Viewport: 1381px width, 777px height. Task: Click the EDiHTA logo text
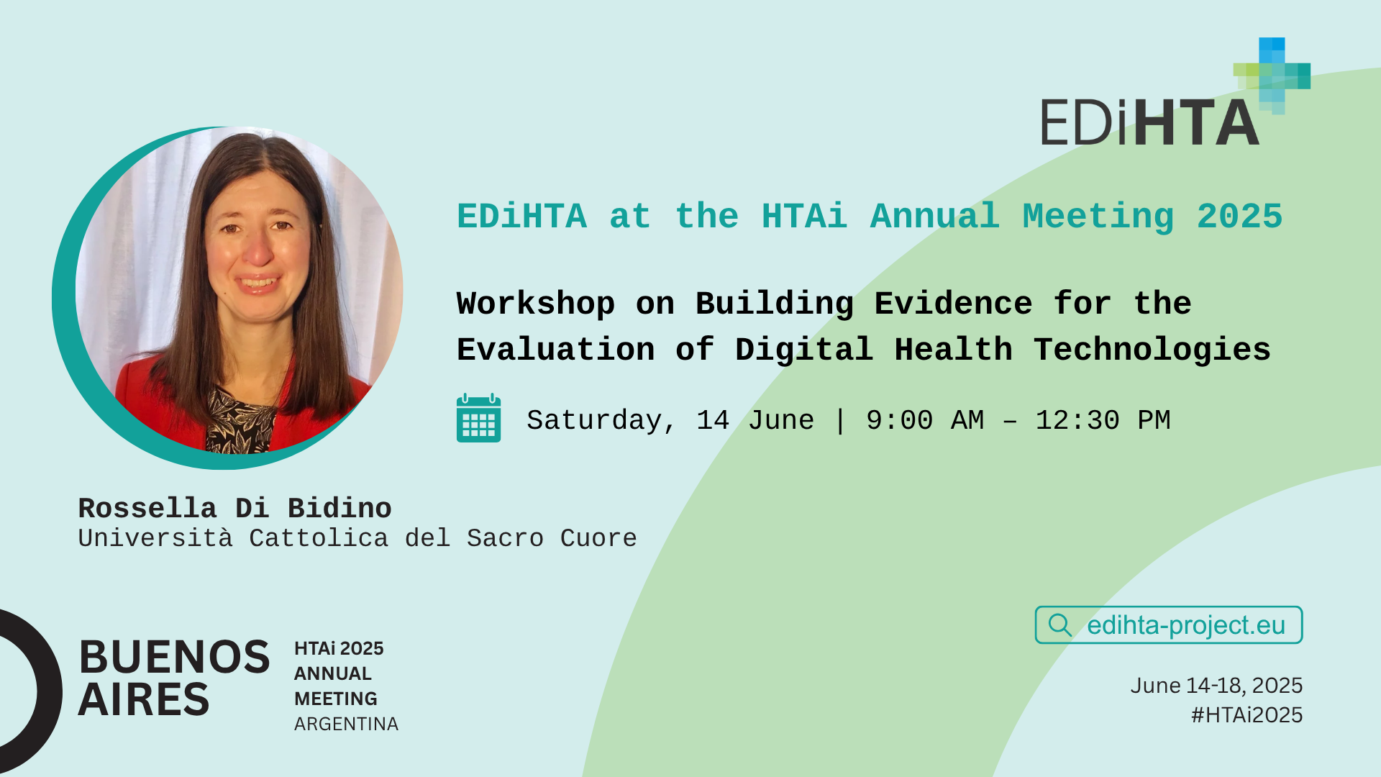[1150, 122]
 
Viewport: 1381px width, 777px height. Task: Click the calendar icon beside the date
[478, 418]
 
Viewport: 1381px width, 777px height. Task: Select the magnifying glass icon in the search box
[1060, 625]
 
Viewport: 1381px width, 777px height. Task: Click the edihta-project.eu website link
[1185, 625]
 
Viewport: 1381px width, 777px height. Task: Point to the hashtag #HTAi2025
[1246, 714]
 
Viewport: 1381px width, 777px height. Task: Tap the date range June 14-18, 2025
[1216, 686]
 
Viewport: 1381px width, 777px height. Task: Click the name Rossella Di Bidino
[234, 508]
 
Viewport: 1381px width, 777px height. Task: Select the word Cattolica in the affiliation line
[319, 538]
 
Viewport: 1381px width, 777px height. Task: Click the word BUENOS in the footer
[174, 657]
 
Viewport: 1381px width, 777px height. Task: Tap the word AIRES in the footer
[144, 699]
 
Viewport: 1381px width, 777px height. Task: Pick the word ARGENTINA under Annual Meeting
[346, 724]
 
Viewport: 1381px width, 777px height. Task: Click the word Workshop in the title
[536, 304]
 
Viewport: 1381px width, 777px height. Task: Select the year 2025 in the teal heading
[1240, 217]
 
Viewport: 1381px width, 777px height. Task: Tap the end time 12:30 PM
[1103, 420]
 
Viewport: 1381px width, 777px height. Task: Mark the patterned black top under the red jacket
[242, 421]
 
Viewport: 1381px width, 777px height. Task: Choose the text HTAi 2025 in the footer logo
[339, 648]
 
